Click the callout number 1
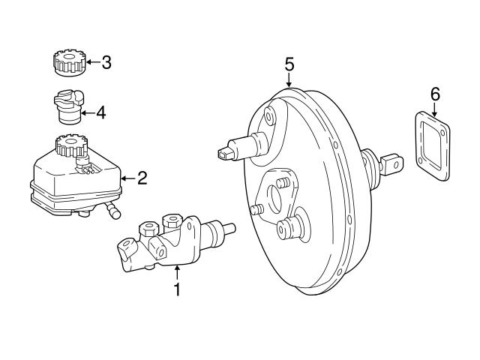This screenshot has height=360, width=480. click(177, 289)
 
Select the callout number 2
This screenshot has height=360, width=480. click(142, 178)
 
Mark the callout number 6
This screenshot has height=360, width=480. click(435, 94)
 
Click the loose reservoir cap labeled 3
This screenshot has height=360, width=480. click(68, 62)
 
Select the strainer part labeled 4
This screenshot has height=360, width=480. click(66, 106)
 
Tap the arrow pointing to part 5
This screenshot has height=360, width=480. click(289, 79)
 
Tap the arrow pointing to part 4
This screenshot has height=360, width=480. click(87, 113)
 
